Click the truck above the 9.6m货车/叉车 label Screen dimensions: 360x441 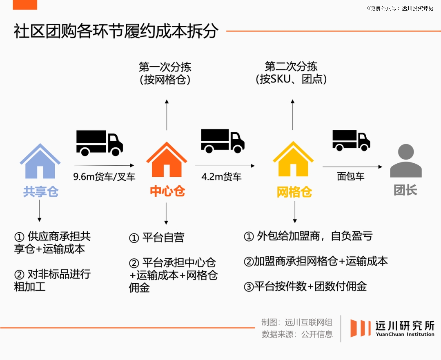coord(99,142)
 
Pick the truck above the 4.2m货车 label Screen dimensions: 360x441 coord(222,141)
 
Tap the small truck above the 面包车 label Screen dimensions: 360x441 coord(351,140)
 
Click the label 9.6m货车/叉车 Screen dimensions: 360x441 coord(104,177)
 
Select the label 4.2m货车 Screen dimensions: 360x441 coord(222,177)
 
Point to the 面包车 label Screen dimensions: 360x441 coord(351,176)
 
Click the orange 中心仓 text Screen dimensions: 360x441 coord(167,191)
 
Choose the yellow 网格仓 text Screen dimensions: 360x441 coord(294,192)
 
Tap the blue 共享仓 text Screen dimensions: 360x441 coord(40,191)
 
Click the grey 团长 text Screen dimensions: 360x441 coord(405,190)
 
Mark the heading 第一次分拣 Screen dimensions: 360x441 coord(165,67)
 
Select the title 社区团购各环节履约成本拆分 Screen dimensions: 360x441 coord(116,31)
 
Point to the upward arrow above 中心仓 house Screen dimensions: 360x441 coord(167,114)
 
